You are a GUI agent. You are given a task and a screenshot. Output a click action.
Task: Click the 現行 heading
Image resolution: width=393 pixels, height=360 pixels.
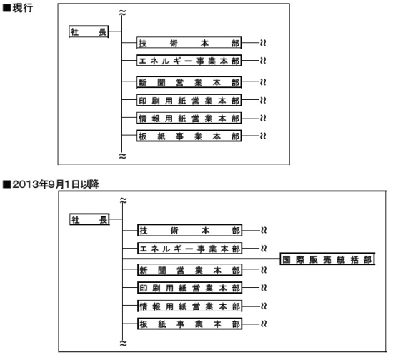[x=18, y=8]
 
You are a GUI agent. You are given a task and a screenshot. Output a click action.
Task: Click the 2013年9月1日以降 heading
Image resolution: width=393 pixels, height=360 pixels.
[x=51, y=184]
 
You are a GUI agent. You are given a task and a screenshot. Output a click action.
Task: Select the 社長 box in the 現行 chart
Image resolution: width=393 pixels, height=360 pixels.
[x=89, y=31]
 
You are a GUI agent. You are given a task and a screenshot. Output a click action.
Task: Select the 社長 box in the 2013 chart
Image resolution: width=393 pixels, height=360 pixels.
[x=89, y=219]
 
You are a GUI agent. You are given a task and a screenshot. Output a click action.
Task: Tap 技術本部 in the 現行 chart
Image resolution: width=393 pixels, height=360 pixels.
[x=189, y=43]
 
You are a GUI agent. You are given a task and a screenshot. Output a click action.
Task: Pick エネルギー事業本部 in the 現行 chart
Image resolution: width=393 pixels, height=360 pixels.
[x=189, y=61]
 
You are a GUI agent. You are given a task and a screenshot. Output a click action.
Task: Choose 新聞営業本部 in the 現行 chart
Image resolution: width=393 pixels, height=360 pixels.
[x=189, y=82]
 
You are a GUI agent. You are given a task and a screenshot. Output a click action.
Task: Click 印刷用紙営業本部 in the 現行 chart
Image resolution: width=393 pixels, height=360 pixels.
[x=189, y=100]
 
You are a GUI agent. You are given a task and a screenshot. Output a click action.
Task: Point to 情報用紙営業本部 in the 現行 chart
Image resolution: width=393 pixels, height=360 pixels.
[x=189, y=118]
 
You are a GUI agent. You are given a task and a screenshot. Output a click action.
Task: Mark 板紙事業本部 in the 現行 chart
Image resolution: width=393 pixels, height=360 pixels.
[x=189, y=136]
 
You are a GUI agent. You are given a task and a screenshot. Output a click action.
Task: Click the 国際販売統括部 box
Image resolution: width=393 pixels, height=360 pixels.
[x=327, y=259]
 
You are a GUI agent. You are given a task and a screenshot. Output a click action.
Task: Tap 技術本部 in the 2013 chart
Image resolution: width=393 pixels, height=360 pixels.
[x=190, y=230]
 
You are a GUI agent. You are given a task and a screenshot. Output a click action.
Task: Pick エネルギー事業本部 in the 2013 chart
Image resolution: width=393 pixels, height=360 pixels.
[x=190, y=249]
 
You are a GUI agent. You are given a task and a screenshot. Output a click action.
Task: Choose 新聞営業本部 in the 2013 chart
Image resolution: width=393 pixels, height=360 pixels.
[x=190, y=270]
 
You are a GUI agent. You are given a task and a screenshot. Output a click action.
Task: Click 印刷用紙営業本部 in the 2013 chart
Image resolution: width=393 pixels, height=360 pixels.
[x=190, y=288]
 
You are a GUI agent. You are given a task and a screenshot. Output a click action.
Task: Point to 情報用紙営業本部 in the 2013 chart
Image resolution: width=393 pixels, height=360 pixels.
[x=190, y=306]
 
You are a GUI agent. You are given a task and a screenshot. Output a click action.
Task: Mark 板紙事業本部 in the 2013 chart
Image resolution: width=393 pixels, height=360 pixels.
[x=190, y=324]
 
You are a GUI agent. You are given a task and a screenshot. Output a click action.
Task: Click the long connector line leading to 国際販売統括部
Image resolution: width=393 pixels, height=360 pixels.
[x=202, y=259]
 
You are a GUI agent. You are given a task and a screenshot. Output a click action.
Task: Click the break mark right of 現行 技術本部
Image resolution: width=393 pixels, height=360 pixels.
[x=263, y=43]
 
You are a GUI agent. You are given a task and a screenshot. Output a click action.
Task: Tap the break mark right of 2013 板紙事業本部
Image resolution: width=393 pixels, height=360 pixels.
[x=264, y=324]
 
